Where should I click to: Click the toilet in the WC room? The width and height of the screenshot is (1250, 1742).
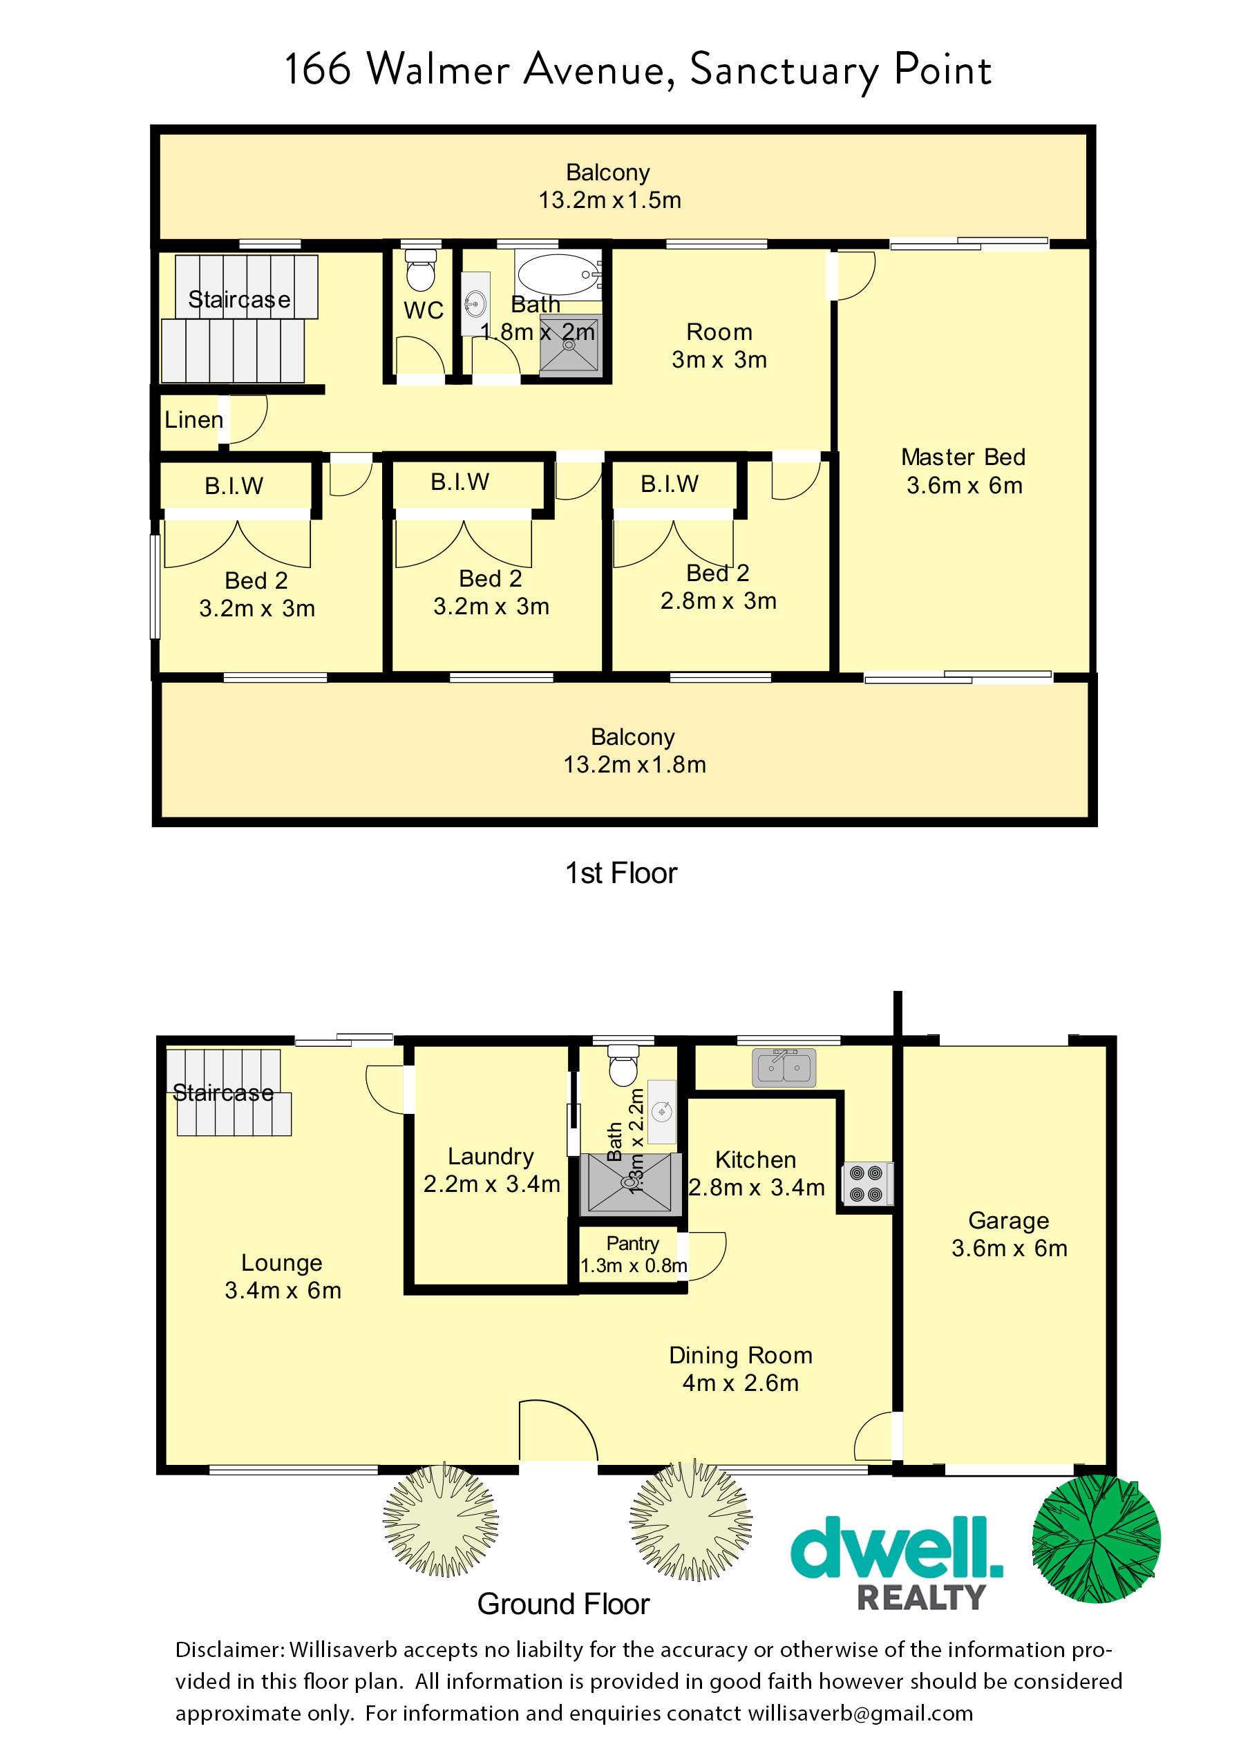[419, 269]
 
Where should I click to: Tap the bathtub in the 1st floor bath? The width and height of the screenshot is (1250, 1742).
[558, 274]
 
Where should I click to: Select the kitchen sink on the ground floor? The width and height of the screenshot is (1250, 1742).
[784, 1067]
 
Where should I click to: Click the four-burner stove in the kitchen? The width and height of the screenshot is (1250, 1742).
[867, 1184]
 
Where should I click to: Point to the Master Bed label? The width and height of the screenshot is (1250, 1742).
[963, 457]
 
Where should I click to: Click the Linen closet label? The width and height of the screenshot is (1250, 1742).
[193, 419]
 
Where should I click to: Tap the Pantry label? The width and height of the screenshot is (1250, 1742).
[632, 1242]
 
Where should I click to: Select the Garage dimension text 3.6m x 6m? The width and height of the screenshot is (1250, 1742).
[1009, 1248]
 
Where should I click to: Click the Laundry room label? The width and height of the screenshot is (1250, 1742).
[490, 1156]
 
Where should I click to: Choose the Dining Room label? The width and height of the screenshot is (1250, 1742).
[741, 1355]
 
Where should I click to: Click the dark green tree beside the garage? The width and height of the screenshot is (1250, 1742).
[1096, 1540]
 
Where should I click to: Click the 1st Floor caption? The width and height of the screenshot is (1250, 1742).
[621, 873]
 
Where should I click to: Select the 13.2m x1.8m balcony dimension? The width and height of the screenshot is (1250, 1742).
[634, 764]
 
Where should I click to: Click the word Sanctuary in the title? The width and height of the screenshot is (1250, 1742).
[784, 71]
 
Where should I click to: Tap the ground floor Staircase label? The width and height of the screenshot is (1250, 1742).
[222, 1092]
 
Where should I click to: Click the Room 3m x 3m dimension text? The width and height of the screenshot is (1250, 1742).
[719, 359]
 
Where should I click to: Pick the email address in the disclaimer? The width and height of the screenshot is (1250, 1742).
[860, 1713]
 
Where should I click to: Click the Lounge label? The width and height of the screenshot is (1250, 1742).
[281, 1262]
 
